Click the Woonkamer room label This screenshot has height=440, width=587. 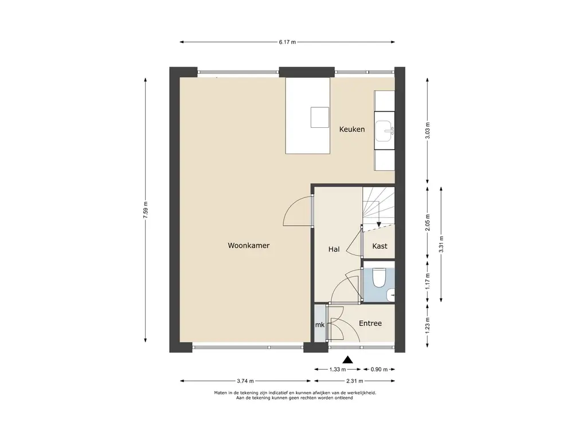[249, 245]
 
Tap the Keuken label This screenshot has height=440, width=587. [352, 129]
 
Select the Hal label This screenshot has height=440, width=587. [334, 249]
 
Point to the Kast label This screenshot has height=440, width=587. [379, 246]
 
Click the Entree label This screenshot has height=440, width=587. [370, 323]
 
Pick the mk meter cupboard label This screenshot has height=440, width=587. [320, 325]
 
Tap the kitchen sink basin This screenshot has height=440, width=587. [385, 131]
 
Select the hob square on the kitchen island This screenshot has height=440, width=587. [320, 117]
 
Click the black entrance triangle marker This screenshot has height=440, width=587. [348, 360]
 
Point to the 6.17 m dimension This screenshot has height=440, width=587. [287, 42]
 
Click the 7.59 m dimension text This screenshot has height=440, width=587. [145, 210]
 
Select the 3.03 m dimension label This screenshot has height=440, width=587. [428, 131]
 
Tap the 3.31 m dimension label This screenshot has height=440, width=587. [441, 244]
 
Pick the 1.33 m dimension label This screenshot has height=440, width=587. [337, 370]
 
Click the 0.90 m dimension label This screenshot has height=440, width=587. [379, 370]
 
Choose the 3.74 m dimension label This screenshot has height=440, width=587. [245, 381]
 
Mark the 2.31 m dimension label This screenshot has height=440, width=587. [354, 381]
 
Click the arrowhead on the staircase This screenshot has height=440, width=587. [379, 225]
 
